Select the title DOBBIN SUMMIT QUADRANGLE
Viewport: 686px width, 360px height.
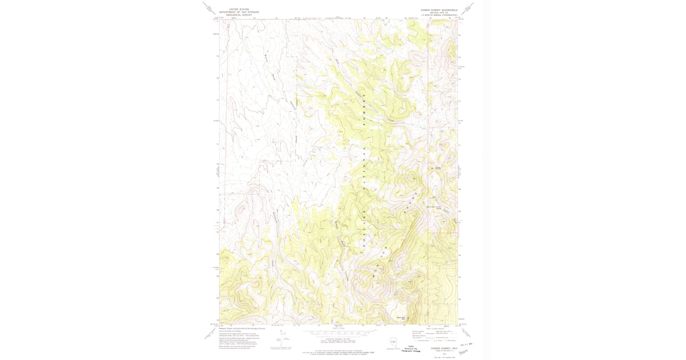(437, 10)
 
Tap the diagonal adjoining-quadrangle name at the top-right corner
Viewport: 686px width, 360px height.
(469, 9)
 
